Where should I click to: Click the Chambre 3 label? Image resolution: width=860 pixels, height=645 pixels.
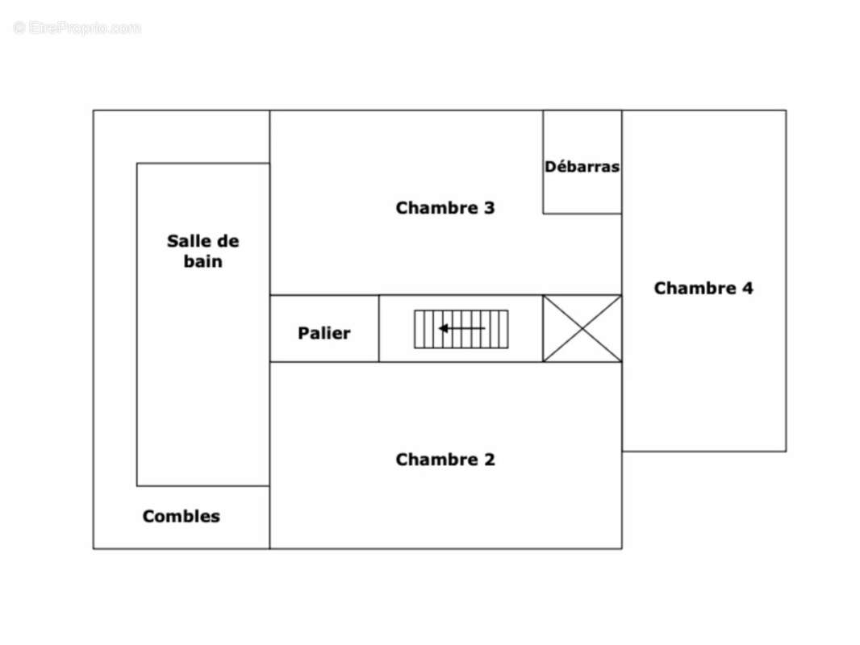pyautogui.click(x=445, y=208)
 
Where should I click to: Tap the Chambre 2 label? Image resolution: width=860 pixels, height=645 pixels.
pyautogui.click(x=445, y=460)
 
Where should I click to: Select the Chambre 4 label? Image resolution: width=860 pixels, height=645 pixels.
pyautogui.click(x=703, y=289)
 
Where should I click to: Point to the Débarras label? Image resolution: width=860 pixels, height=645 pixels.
pyautogui.click(x=582, y=166)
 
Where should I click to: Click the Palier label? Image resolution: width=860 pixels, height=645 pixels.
pyautogui.click(x=324, y=333)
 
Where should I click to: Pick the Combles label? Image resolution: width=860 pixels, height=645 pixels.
pyautogui.click(x=181, y=516)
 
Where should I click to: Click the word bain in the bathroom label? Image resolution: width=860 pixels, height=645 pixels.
pyautogui.click(x=203, y=261)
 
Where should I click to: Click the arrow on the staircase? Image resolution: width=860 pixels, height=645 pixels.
pyautogui.click(x=461, y=328)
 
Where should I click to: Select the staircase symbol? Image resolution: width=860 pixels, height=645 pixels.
pyautogui.click(x=461, y=329)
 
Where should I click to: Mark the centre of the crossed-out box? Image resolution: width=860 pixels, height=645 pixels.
pyautogui.click(x=582, y=328)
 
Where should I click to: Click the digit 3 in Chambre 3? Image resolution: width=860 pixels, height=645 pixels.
pyautogui.click(x=489, y=208)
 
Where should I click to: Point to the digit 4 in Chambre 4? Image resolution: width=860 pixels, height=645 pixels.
pyautogui.click(x=748, y=289)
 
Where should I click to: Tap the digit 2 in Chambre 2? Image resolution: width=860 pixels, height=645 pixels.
pyautogui.click(x=489, y=460)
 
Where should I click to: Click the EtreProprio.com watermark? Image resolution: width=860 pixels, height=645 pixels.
pyautogui.click(x=77, y=27)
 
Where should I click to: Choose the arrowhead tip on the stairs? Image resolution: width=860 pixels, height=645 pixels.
pyautogui.click(x=440, y=328)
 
